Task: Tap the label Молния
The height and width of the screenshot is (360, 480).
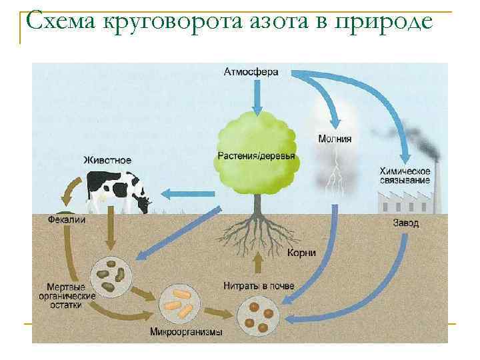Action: (x=335, y=139)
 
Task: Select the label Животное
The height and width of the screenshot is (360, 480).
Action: (x=107, y=160)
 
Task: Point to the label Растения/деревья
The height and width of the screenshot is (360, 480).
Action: (x=256, y=155)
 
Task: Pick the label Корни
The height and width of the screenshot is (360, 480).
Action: (x=301, y=253)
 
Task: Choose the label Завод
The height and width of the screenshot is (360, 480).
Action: (x=405, y=223)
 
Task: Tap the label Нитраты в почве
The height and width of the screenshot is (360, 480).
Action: (x=259, y=286)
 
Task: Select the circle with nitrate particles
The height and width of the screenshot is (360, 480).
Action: (x=259, y=315)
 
